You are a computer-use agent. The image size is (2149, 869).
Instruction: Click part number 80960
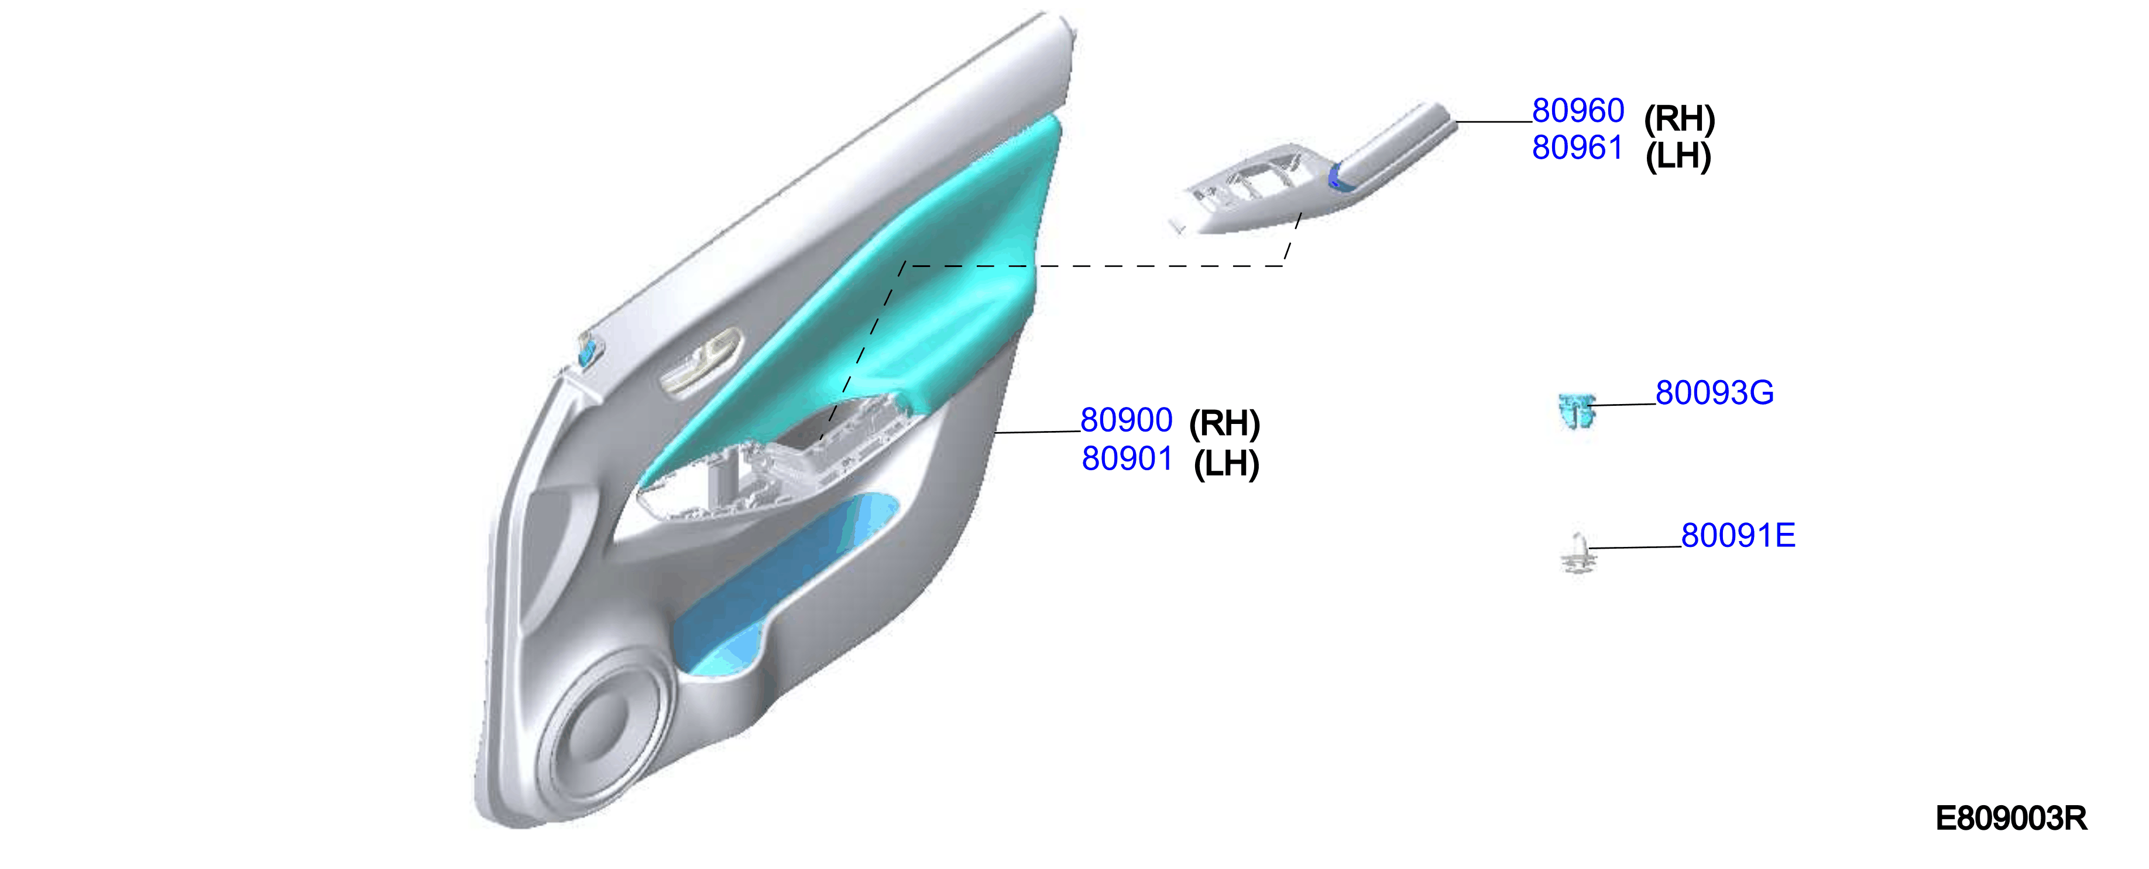tap(1578, 110)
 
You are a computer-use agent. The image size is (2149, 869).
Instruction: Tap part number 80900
tap(1126, 420)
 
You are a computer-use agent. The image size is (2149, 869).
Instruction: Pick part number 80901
tap(1127, 459)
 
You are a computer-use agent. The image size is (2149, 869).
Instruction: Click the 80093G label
tap(1714, 392)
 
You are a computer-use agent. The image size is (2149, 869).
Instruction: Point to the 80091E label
tap(1738, 535)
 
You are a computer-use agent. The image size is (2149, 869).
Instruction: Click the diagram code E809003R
tap(2010, 818)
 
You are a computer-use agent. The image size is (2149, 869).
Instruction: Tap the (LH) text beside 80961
tap(1678, 156)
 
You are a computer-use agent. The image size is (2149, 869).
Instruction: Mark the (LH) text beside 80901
tap(1226, 463)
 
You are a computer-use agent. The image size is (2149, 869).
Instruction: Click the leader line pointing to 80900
tap(1038, 432)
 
